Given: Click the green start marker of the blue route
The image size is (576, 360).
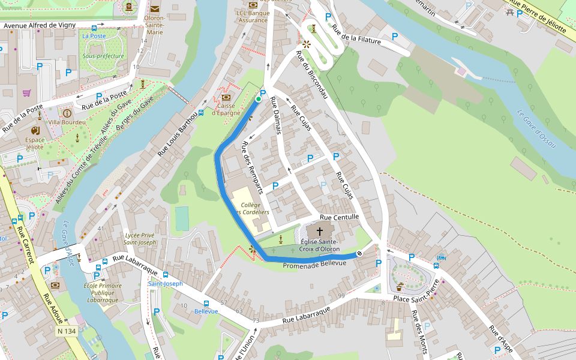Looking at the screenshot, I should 259,99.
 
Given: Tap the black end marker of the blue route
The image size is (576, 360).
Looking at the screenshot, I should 359,254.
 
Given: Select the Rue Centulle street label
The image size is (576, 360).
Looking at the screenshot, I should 339,217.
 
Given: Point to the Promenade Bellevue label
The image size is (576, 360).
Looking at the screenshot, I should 314,264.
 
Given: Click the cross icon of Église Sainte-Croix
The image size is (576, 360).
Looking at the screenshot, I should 320,231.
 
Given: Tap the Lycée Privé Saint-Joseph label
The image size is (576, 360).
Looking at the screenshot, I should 140,239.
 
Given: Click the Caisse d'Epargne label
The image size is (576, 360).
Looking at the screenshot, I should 226,110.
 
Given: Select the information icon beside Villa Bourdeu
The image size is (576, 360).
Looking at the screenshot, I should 67,113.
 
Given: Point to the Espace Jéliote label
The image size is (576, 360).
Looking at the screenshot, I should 35,143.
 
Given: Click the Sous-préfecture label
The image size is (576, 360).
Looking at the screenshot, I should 103,56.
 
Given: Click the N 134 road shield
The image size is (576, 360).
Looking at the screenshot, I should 67,331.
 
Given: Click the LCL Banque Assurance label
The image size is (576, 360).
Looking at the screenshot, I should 252,16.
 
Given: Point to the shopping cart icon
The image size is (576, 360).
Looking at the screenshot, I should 26,93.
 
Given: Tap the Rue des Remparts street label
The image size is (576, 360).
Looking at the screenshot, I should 252,168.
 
